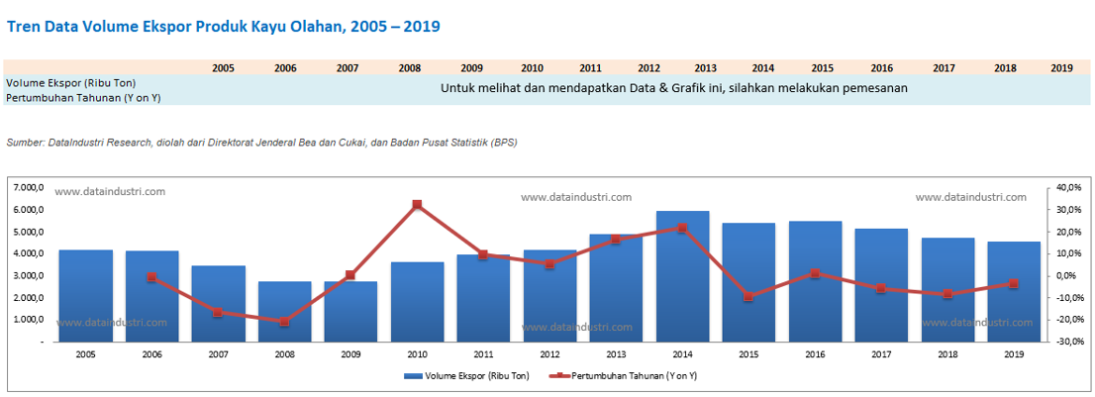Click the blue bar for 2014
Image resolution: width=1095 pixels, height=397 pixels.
[682, 276]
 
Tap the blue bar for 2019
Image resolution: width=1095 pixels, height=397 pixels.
[1014, 291]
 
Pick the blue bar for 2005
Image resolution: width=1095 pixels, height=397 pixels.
[85, 295]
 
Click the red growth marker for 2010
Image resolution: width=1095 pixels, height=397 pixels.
[417, 205]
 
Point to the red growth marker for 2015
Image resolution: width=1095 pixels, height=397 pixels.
[748, 297]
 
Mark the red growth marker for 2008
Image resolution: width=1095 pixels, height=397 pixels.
[284, 322]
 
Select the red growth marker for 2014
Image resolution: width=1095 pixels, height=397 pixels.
[682, 228]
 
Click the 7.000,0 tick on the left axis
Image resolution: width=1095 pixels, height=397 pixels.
[31, 187]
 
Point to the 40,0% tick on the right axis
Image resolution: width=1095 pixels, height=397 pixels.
[1070, 187]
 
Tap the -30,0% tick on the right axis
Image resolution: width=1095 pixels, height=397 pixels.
[1070, 342]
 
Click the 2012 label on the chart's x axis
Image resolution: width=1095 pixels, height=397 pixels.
[549, 353]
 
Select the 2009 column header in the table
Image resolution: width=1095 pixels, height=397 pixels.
[471, 68]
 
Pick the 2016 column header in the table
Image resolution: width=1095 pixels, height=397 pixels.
[881, 68]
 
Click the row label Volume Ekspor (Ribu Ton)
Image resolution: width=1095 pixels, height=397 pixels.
[70, 83]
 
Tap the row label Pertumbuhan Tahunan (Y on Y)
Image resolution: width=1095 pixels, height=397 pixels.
[83, 98]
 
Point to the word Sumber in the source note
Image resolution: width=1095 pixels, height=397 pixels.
[25, 143]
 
